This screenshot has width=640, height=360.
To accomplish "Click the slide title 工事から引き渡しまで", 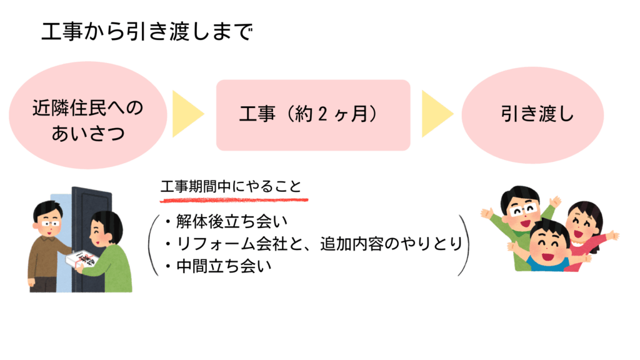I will (147, 31).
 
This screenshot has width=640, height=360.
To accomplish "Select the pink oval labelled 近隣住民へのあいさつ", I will (87, 119).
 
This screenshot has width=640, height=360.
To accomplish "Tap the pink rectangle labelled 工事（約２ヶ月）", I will (312, 115).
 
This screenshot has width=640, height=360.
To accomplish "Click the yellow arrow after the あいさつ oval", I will (187, 114).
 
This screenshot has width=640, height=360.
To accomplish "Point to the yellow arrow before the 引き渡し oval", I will (437, 114).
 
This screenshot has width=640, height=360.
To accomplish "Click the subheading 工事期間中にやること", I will (231, 186).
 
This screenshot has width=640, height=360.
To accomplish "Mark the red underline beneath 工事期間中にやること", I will (234, 201).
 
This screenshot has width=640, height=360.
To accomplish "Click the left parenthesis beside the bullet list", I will (152, 244).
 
